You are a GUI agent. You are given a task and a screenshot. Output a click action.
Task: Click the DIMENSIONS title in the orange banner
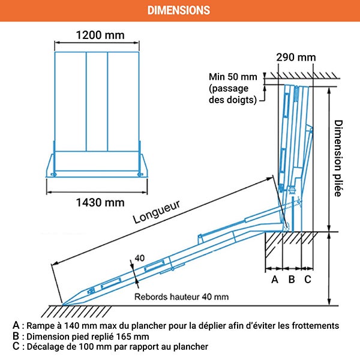click(x=179, y=10)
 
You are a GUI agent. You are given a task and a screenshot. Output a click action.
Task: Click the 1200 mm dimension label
click(x=100, y=35)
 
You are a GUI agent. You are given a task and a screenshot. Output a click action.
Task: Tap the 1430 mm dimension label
click(x=100, y=202)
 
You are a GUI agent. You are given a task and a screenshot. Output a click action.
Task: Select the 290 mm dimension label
click(x=296, y=58)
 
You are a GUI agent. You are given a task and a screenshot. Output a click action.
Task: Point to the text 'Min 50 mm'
click(x=232, y=77)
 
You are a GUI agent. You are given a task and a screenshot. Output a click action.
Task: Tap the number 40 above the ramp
click(x=140, y=258)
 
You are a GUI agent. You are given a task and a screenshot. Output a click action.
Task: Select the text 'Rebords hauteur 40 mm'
click(x=181, y=296)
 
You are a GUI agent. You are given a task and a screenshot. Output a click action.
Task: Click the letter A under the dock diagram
click(x=275, y=279)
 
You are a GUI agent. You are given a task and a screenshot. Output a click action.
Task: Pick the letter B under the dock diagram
click(x=292, y=279)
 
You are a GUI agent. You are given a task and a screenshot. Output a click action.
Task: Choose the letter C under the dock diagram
click(x=307, y=279)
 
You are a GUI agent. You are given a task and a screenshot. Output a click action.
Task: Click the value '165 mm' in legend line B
click(x=133, y=336)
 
